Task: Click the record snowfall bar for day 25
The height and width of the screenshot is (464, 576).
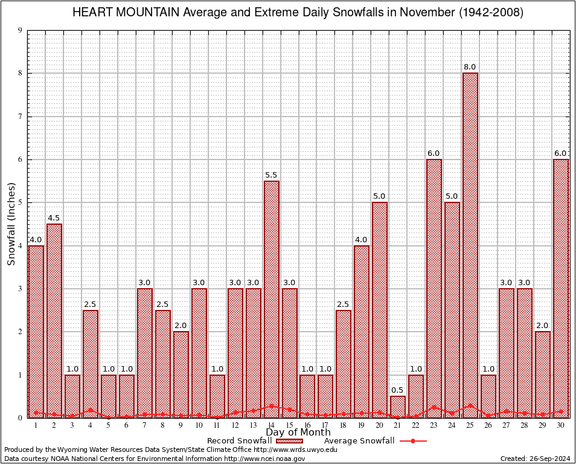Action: coord(470,245)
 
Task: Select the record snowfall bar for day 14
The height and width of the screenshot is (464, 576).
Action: coord(272,299)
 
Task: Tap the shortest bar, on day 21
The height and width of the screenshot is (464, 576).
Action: coord(398,407)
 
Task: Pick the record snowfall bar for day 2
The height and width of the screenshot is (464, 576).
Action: coord(54,320)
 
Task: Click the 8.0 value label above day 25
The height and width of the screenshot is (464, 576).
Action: coord(470,67)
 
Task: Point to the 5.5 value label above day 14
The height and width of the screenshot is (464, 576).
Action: coord(272,175)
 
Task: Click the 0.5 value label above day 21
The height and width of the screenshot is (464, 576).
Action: coord(398,390)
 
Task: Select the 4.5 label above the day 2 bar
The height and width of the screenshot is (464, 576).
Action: coord(54,218)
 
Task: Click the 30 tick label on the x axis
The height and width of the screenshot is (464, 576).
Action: coord(561,425)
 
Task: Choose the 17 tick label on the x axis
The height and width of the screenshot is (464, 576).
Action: coord(325,425)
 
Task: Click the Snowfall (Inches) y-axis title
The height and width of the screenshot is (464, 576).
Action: coord(11,225)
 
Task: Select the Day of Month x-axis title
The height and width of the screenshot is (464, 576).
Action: coord(298,433)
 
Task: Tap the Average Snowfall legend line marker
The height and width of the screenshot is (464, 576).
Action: coord(412,441)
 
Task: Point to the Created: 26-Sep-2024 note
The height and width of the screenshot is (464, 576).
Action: coord(535,459)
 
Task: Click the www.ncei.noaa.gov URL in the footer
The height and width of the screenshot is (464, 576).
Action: coord(272,459)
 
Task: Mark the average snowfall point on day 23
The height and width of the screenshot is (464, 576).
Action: coord(434,407)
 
